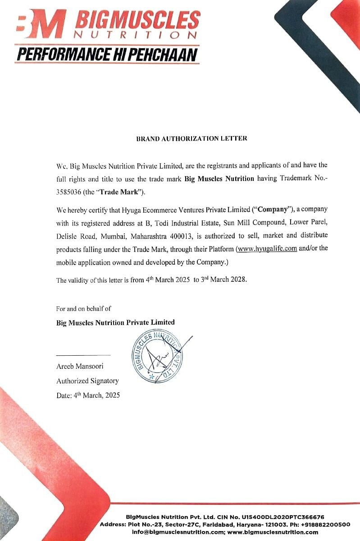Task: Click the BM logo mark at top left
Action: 40,26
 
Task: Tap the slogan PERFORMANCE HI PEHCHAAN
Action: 107,55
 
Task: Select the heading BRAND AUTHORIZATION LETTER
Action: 191,138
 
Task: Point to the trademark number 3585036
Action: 68,192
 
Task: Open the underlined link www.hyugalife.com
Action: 267,249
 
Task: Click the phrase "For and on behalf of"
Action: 83,309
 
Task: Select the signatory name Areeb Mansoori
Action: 80,366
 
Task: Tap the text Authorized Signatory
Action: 87,381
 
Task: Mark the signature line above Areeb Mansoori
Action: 83,355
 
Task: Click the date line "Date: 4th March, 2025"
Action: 88,395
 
